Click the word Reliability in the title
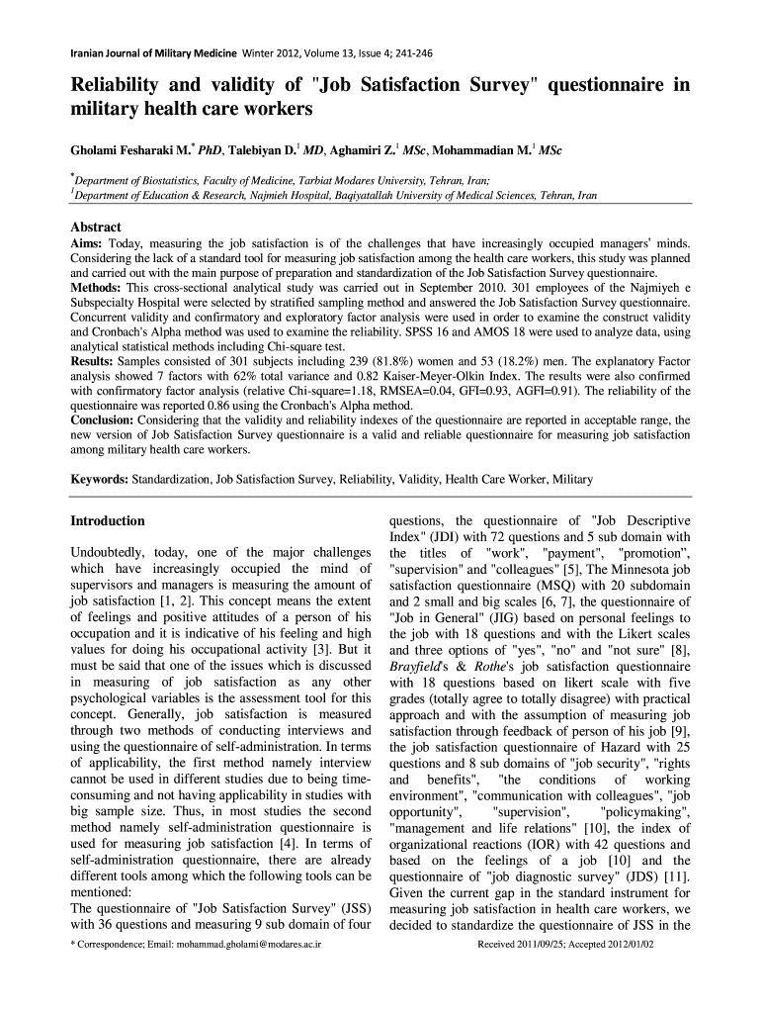coord(118,86)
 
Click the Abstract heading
coord(95,227)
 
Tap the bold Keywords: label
coord(99,480)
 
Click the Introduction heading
coord(108,521)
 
